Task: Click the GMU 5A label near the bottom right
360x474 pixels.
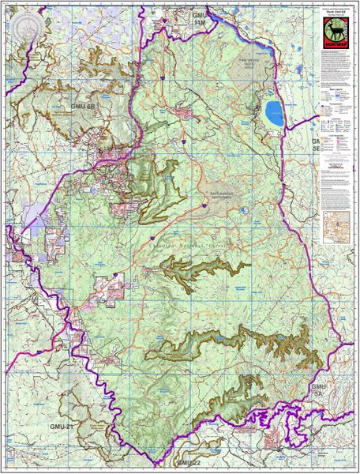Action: pos(317,390)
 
